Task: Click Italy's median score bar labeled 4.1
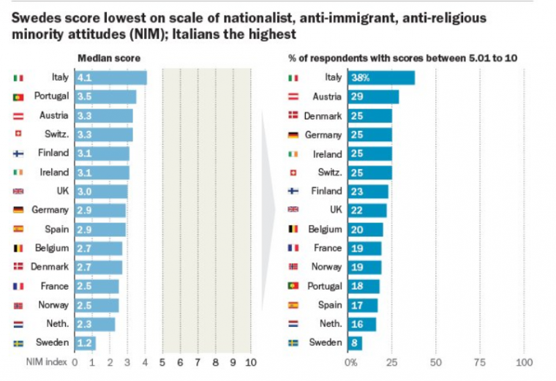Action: coord(110,78)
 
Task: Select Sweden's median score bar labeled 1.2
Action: coord(85,343)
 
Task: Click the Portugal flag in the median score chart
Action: coord(18,97)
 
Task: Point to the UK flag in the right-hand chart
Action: coord(293,210)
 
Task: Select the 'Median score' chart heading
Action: coord(109,57)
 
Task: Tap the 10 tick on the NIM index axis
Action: coord(250,362)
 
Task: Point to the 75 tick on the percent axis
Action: coord(481,362)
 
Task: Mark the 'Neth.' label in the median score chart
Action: coord(56,324)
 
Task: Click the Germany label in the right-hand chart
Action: coord(323,135)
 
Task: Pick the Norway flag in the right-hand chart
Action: coord(293,267)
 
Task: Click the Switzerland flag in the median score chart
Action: coord(18,134)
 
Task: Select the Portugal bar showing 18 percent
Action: coord(365,286)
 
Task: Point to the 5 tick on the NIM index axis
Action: coord(162,362)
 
